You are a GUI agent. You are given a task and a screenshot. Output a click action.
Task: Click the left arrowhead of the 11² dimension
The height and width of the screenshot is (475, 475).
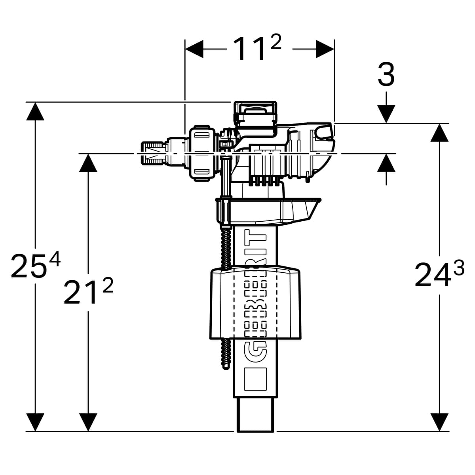(x=194, y=49)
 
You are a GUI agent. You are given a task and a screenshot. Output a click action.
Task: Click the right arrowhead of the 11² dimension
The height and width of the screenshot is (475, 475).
(x=325, y=49)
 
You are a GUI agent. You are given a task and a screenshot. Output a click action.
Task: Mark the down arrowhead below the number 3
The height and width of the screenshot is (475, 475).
(x=386, y=114)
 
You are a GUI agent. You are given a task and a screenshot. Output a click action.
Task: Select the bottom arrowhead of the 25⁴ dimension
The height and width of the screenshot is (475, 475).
(x=36, y=422)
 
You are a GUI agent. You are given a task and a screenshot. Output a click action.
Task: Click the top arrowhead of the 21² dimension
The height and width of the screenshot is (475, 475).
(x=88, y=163)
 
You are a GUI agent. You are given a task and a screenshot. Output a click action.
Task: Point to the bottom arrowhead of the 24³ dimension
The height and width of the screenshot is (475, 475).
(x=439, y=422)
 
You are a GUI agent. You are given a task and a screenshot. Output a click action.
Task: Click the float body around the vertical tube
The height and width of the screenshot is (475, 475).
(x=255, y=303)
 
